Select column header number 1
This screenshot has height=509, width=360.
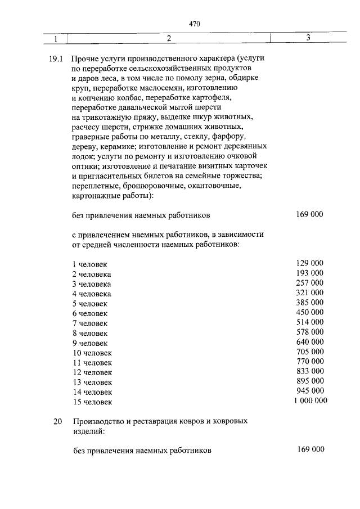click(56, 39)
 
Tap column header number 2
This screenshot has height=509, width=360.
click(168, 39)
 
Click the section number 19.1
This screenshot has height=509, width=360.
click(58, 58)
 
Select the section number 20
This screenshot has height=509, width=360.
click(58, 421)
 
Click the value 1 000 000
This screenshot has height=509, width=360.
click(309, 401)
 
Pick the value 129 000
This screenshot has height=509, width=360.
click(309, 263)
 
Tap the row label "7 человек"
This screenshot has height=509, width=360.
click(90, 323)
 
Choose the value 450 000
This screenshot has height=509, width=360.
click(309, 312)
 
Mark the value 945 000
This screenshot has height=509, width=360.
click(309, 391)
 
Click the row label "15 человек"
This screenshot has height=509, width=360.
click(92, 402)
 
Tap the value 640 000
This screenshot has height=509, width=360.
click(309, 341)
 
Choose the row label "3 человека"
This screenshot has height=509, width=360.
click(92, 284)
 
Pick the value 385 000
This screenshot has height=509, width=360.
click(309, 302)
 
